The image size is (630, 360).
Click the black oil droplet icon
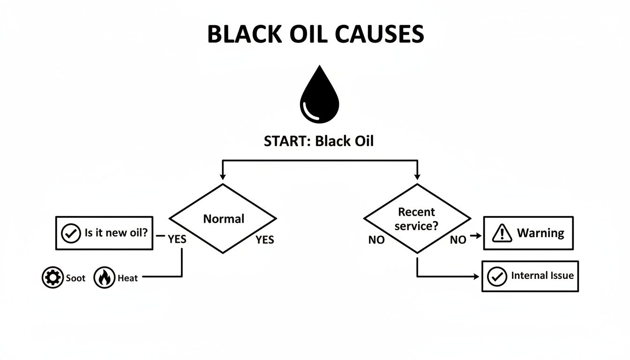(x=319, y=97)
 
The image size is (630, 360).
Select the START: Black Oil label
(x=319, y=142)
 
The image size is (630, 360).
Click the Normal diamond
(x=223, y=218)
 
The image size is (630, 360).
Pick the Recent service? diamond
(x=417, y=218)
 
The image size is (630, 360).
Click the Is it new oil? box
(x=104, y=233)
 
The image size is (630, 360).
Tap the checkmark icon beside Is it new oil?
(x=71, y=233)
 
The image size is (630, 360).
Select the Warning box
(x=528, y=233)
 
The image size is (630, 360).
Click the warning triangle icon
(x=502, y=233)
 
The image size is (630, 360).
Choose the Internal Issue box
(x=530, y=276)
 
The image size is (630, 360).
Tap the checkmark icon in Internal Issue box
(x=497, y=277)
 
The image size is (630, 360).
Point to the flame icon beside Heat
(x=104, y=278)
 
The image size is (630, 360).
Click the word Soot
(x=75, y=278)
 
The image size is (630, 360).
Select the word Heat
(x=127, y=278)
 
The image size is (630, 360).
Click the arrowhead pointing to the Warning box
(x=478, y=235)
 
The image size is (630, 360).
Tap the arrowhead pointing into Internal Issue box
(x=477, y=277)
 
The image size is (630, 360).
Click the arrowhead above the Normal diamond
(x=223, y=177)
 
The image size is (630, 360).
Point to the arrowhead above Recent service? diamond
(x=417, y=177)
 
